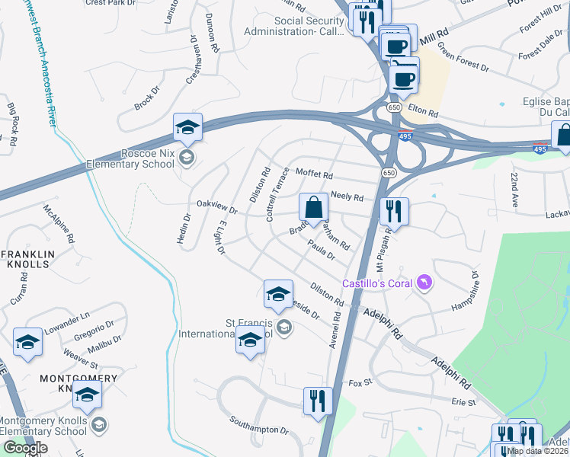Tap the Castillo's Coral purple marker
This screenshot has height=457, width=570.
click(x=424, y=283)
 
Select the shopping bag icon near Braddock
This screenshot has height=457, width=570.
click(x=313, y=207)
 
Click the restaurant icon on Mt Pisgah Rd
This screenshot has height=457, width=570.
click(x=394, y=210)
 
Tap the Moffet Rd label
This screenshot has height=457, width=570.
click(x=314, y=174)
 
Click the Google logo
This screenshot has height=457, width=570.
click(x=26, y=447)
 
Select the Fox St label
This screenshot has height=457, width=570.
click(x=359, y=383)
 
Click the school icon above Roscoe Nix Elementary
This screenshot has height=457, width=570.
click(x=187, y=127)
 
